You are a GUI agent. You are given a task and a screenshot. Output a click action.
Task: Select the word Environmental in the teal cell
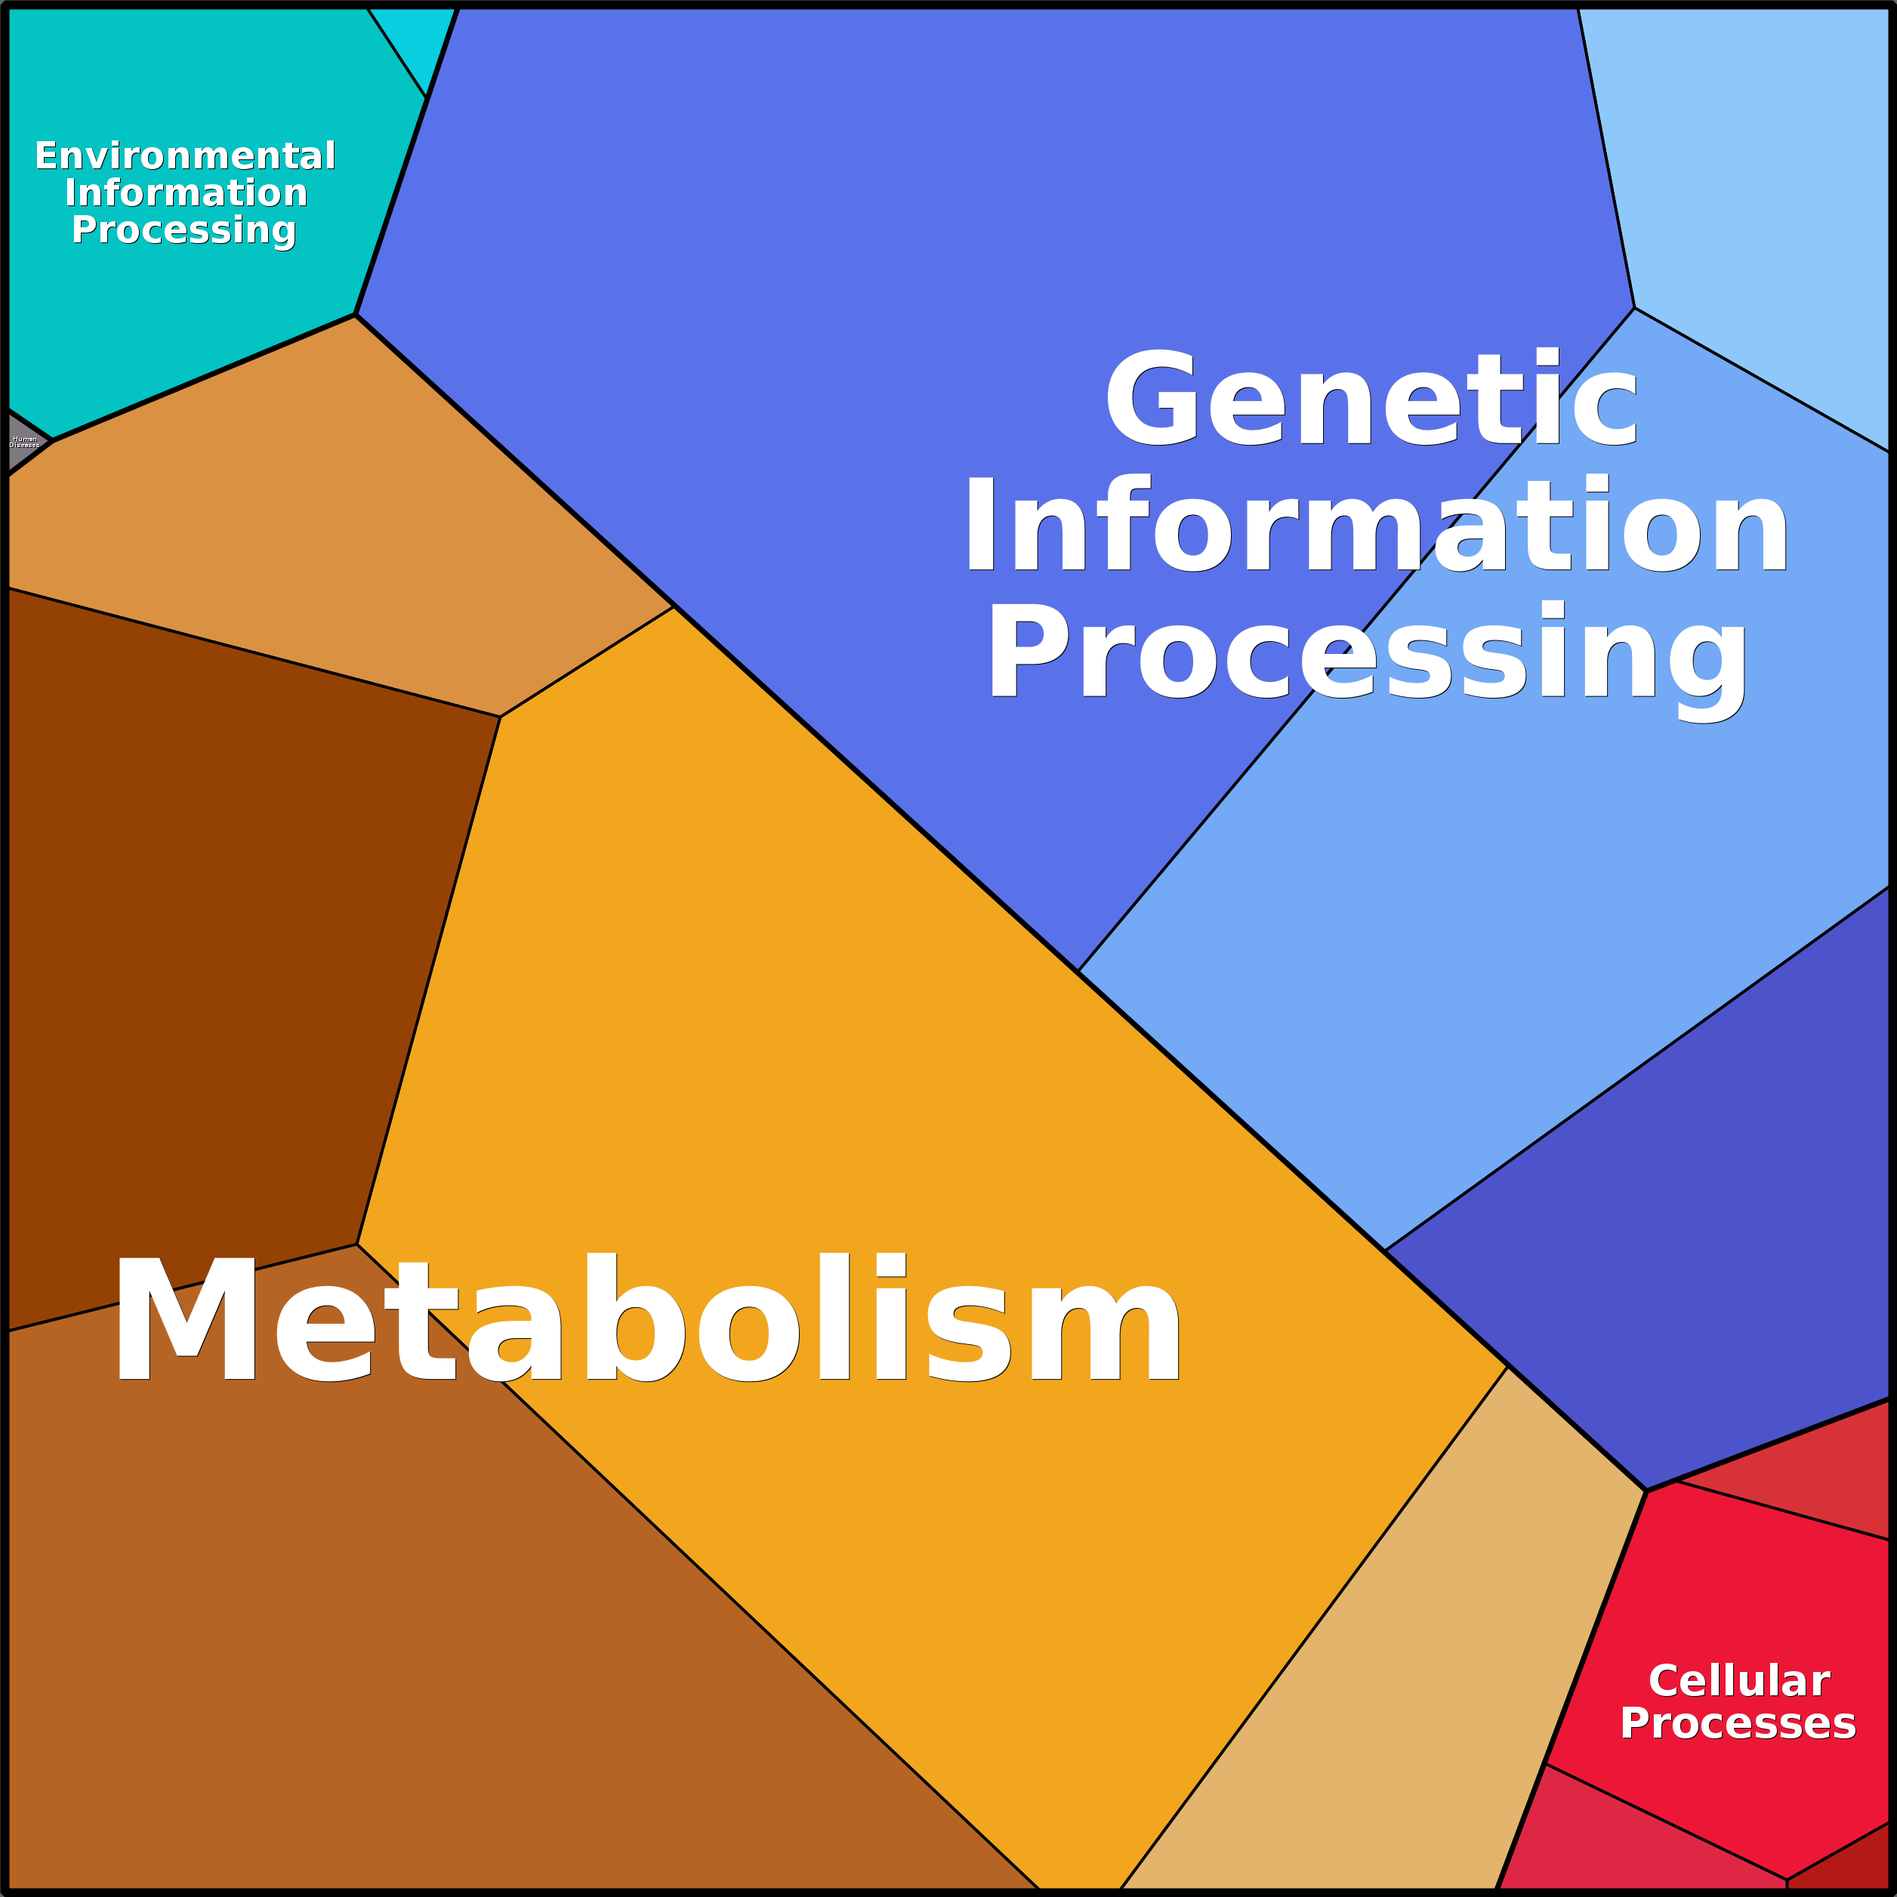186,156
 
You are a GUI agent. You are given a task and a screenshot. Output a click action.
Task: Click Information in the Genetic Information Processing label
1374,526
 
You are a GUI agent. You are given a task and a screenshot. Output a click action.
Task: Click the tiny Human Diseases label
25,442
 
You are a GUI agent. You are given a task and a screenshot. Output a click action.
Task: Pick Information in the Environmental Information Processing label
187,193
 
